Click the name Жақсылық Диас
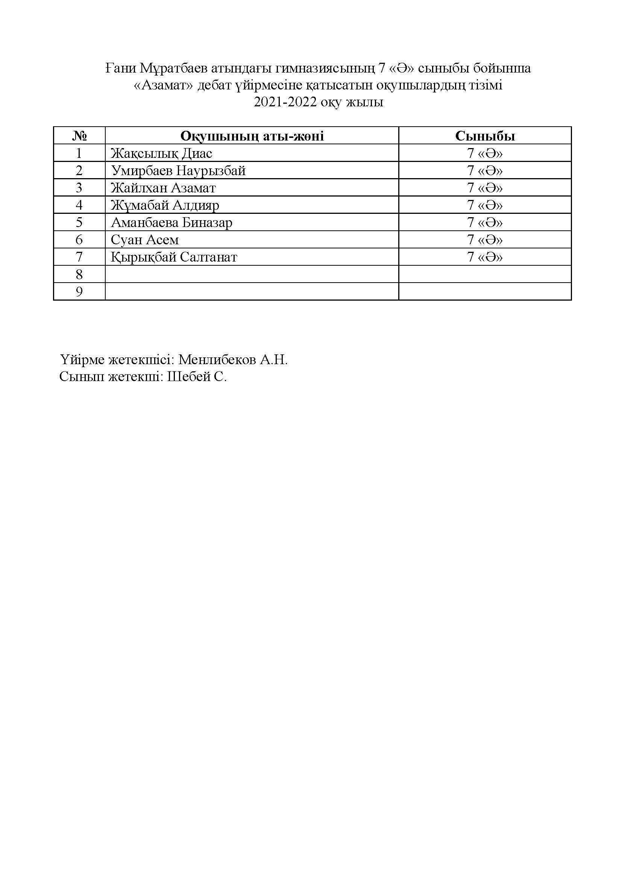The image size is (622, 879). tap(161, 154)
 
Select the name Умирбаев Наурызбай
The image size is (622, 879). tap(178, 171)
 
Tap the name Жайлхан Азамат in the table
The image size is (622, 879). tap(163, 188)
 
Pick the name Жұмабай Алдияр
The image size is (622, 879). tap(165, 205)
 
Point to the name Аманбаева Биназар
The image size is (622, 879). tap(171, 222)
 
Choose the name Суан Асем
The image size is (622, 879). tap(145, 240)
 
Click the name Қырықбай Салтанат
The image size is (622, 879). tap(174, 257)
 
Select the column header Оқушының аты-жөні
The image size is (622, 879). tap(252, 136)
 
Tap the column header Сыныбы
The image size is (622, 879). tap(485, 136)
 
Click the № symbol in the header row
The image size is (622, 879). tap(79, 136)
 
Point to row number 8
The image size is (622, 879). tap(79, 274)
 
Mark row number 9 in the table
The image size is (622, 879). tap(79, 292)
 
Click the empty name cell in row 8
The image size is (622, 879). tap(252, 274)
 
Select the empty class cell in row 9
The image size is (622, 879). tap(485, 292)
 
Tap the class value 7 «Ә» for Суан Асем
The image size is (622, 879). tap(485, 240)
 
